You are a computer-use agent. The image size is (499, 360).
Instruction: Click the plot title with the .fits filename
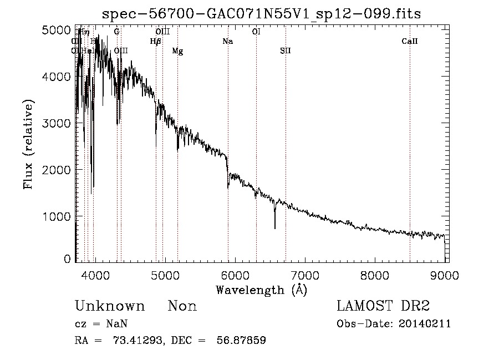[x=261, y=14]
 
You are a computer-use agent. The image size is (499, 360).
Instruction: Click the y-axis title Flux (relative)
[x=28, y=144]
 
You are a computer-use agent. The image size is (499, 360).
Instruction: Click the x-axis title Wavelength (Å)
[x=261, y=289]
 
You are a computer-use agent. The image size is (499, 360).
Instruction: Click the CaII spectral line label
[x=410, y=42]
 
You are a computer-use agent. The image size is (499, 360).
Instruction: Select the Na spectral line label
[x=228, y=42]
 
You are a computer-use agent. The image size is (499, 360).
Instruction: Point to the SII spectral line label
[x=285, y=51]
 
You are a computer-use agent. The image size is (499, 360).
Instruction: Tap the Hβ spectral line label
[x=155, y=42]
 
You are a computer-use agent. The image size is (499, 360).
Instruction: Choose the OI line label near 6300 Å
[x=256, y=32]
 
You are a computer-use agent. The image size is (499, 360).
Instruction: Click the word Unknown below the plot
[x=110, y=306]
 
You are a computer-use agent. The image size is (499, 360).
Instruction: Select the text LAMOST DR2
[x=383, y=306]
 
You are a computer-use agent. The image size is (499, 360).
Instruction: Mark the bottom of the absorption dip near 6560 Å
[x=274, y=228]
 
